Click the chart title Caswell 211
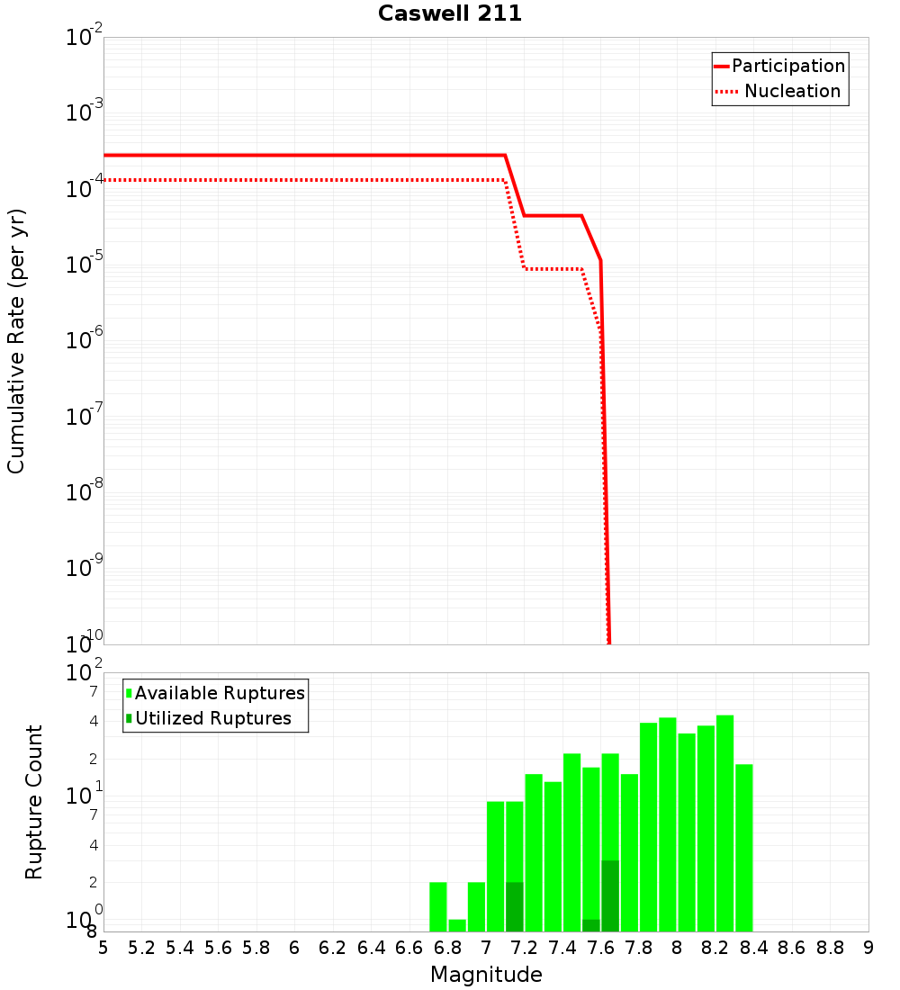[450, 14]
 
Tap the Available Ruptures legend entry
[220, 693]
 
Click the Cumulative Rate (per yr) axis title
[16, 341]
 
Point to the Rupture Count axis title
[34, 802]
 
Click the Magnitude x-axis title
[486, 975]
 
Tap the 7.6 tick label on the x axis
[601, 948]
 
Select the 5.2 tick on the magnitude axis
[142, 948]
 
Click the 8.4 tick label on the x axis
[754, 948]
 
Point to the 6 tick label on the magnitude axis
[294, 948]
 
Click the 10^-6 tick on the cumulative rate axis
[85, 341]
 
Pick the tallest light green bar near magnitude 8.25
[724, 823]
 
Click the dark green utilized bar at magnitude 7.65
[610, 895]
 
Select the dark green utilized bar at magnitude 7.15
[515, 906]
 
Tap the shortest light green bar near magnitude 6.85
[457, 925]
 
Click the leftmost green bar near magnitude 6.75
[438, 906]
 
